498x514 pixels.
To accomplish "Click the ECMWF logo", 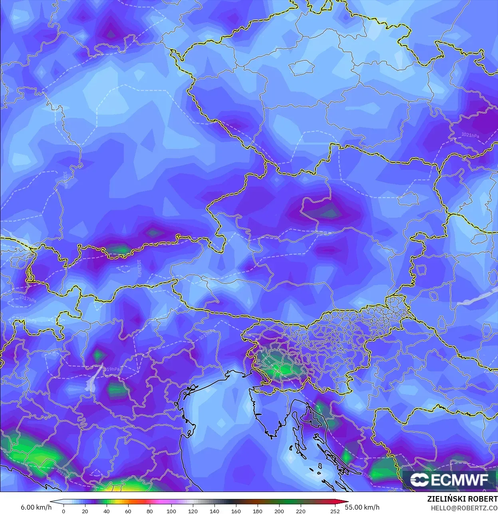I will (449, 479).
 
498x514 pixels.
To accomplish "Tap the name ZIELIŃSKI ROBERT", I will (462, 499).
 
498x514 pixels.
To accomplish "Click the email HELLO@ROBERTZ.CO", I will (462, 508).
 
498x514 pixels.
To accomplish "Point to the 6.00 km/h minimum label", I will (36, 507).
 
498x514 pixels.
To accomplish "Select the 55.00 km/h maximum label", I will (362, 507).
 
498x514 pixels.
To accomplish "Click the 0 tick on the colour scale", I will (63, 511).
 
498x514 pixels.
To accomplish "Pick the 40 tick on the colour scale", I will (107, 511).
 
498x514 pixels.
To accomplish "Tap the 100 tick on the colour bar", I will (171, 511).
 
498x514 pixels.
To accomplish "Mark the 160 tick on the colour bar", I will (236, 511).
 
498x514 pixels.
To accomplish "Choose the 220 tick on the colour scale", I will (301, 511).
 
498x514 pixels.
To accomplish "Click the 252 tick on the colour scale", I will (335, 511).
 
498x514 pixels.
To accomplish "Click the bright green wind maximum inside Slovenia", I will (284, 369).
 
